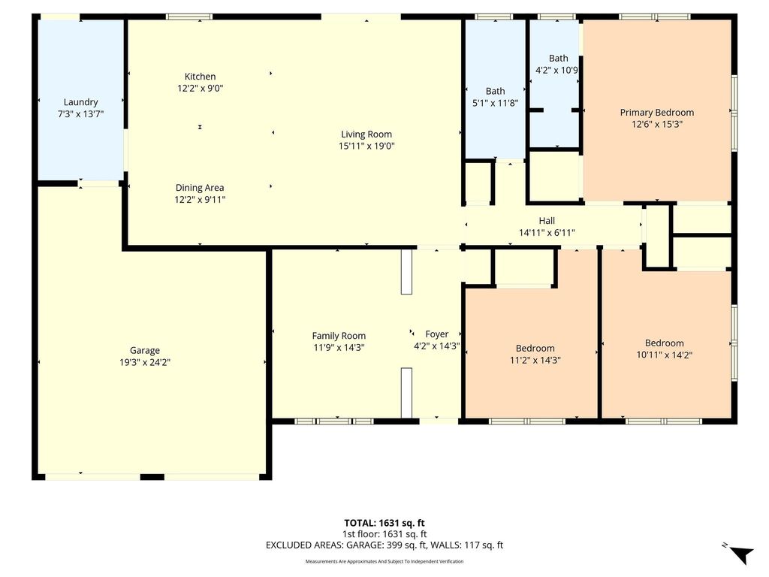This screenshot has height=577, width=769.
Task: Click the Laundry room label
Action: click(x=80, y=102)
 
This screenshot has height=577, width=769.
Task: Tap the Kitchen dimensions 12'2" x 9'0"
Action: click(x=200, y=89)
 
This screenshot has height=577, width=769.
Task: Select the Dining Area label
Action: click(x=200, y=187)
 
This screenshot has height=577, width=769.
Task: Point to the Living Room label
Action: click(x=366, y=134)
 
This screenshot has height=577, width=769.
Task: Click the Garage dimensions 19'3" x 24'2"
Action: click(x=145, y=363)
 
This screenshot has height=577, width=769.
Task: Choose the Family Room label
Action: click(x=339, y=336)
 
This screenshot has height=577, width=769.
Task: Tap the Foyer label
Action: click(x=436, y=334)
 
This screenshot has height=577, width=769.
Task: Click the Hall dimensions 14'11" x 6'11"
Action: click(x=547, y=233)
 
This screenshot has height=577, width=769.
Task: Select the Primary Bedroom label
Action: click(x=656, y=113)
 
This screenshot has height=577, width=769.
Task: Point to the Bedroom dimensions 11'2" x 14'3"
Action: click(x=535, y=360)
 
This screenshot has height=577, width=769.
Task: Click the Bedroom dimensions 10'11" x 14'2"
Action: click(x=664, y=355)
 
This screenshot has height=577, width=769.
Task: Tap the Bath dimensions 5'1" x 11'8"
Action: click(x=495, y=103)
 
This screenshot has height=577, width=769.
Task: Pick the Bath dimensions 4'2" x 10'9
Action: click(x=556, y=70)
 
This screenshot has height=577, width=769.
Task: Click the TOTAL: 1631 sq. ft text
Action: click(x=384, y=523)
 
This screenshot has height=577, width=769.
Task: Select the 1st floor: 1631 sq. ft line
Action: click(x=384, y=534)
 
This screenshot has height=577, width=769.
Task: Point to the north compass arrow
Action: click(x=741, y=554)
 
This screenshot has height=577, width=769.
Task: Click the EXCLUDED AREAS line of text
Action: click(x=384, y=545)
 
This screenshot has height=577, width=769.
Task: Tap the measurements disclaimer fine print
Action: click(x=384, y=561)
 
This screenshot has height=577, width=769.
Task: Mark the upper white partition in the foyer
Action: click(x=406, y=271)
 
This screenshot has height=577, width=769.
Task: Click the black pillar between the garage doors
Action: click(x=152, y=477)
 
